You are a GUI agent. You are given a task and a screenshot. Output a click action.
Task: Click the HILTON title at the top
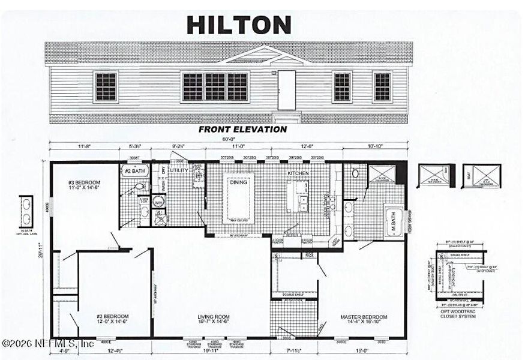[239, 25]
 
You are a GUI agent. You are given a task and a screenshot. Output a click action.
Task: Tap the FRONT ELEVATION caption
[242, 129]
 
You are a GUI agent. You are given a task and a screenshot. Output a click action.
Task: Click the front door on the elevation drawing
[287, 90]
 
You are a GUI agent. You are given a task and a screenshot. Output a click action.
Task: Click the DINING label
[239, 183]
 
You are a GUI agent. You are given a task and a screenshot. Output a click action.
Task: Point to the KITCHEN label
[298, 173]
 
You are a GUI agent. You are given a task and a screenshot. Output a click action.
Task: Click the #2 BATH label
[136, 171]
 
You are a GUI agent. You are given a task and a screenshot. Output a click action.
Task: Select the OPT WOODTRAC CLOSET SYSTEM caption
[459, 313]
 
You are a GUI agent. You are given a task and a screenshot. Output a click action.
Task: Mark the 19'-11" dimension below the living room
[210, 350]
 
